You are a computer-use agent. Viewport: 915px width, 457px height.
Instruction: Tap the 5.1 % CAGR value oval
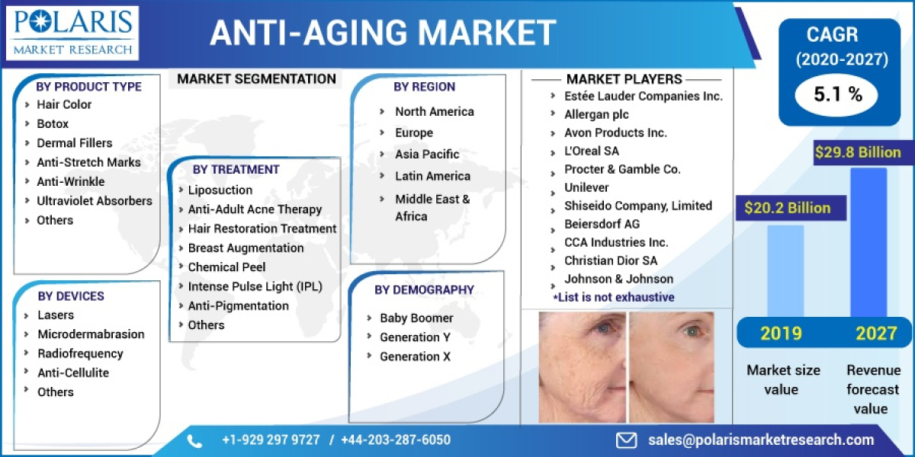838,94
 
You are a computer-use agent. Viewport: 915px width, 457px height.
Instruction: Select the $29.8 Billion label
858,152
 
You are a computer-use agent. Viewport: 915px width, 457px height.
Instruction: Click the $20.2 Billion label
783,207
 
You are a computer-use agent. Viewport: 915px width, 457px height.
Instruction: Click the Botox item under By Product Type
53,123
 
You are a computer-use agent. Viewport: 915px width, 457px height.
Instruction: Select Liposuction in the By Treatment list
220,190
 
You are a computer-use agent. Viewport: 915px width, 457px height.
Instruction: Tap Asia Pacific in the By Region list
427,154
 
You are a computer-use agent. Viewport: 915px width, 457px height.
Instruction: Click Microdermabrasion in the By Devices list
91,334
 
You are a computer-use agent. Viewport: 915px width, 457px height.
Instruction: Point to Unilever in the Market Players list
586,187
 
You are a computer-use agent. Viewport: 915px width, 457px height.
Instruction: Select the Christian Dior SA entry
611,260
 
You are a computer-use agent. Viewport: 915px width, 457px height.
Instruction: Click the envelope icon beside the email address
627,440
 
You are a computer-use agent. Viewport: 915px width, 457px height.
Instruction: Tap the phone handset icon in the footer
194,440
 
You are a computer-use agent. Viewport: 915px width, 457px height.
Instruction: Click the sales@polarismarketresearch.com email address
761,440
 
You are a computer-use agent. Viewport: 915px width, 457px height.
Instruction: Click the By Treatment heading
236,169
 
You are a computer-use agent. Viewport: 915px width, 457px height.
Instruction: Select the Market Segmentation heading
256,78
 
